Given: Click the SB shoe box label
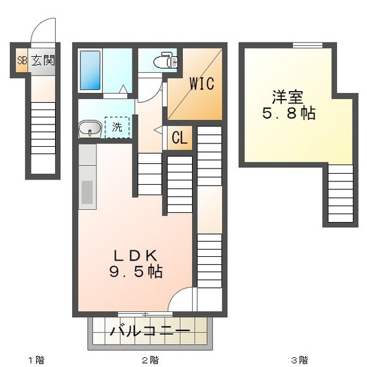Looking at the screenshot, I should coord(22,61).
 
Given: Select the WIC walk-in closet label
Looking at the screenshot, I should coord(202,84).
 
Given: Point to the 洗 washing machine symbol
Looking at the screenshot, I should coord(117,127).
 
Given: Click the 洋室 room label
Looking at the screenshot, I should coord(288,97).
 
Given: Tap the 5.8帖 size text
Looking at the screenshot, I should coord(289,113).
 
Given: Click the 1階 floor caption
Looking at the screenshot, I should coord(36,360).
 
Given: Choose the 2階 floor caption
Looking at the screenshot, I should coord(150,360).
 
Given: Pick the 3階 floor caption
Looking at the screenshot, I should coord(299,360).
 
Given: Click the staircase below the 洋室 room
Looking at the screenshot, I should coord(340,193).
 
